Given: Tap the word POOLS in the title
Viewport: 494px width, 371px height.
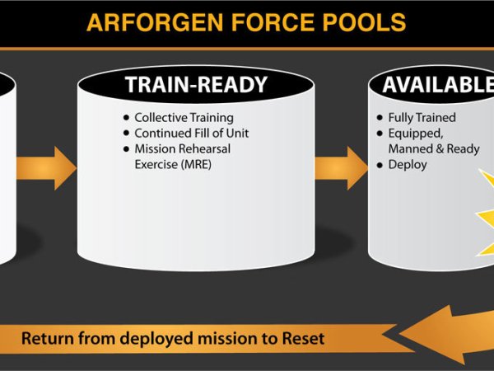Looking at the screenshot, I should pyautogui.click(x=364, y=21).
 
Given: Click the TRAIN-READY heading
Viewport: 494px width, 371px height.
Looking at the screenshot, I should pyautogui.click(x=196, y=85).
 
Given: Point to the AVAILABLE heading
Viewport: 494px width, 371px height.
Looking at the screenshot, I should pyautogui.click(x=437, y=85).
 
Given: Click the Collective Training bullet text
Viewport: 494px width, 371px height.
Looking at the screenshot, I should pyautogui.click(x=184, y=118).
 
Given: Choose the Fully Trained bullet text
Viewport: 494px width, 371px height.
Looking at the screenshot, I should pyautogui.click(x=422, y=118).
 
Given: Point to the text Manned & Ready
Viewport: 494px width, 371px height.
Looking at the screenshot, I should pyautogui.click(x=433, y=149).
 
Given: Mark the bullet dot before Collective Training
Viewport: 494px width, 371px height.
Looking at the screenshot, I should pyautogui.click(x=125, y=118).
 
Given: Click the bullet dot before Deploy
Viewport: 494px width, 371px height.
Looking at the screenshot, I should pyautogui.click(x=379, y=165).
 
